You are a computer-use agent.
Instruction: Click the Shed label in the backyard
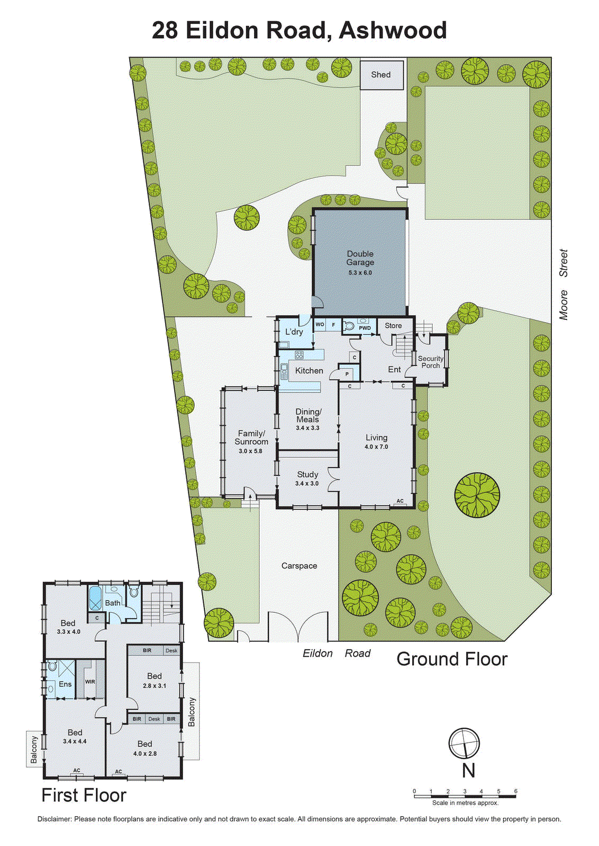(380, 75)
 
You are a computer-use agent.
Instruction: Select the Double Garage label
(360, 258)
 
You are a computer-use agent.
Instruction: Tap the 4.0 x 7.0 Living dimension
(376, 447)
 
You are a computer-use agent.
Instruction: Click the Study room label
(307, 474)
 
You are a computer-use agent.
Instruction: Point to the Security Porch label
(430, 362)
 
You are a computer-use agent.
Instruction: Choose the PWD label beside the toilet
(365, 328)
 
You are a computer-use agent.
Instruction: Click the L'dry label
(294, 332)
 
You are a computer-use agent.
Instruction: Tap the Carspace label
(299, 566)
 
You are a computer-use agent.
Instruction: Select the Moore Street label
(564, 284)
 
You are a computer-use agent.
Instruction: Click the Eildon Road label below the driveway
(337, 653)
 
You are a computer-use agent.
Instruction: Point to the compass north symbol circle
(464, 743)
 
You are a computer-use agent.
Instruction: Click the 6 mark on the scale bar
(515, 792)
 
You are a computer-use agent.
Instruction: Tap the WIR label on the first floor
(90, 682)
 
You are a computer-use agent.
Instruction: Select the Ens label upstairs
(65, 684)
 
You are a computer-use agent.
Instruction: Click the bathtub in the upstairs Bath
(95, 598)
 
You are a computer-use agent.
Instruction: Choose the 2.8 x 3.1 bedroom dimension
(155, 686)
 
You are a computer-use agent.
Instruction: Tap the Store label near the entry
(393, 326)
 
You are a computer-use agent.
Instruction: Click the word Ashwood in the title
(393, 30)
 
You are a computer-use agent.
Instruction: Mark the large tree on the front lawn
(477, 495)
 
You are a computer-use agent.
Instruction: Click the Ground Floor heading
(452, 659)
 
